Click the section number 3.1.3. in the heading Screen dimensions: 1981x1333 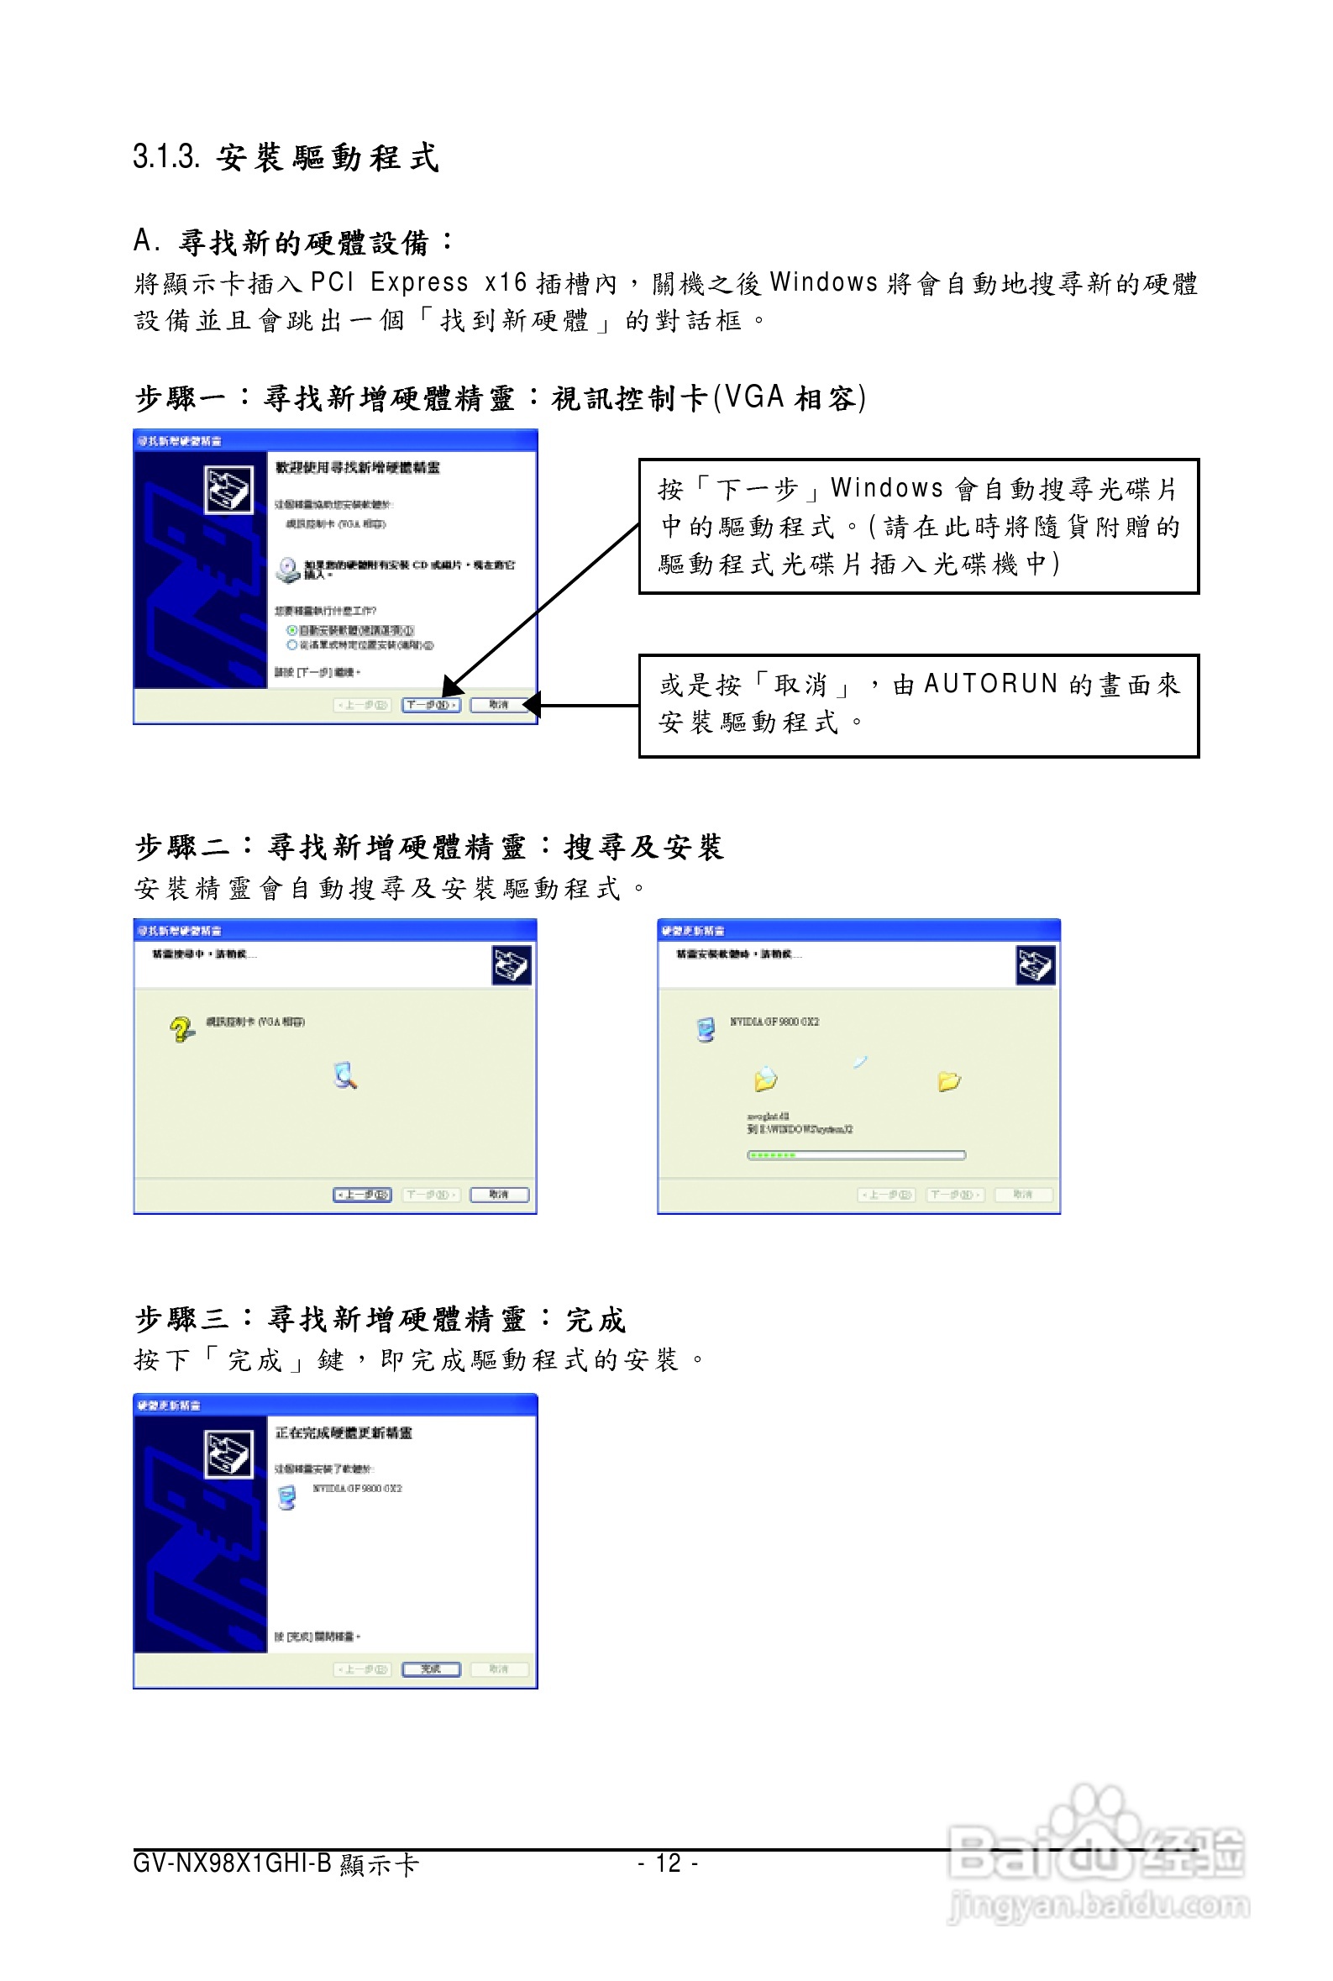pos(165,157)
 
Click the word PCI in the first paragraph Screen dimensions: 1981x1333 pos(332,282)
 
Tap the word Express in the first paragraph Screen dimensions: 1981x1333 pos(419,282)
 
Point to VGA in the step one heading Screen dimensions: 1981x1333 pos(753,397)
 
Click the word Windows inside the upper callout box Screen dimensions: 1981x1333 pos(887,488)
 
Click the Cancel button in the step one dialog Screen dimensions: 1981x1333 pos(499,705)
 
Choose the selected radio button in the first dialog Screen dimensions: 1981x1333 pos(291,630)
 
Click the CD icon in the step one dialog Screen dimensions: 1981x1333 pos(288,570)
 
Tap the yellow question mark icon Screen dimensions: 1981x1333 pos(181,1029)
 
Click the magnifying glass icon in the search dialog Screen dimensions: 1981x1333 pos(345,1075)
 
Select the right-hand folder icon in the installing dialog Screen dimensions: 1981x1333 pos(949,1080)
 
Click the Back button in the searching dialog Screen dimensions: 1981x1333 pos(362,1195)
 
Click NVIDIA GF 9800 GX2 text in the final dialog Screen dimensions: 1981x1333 pos(357,1489)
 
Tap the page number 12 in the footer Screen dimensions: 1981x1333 pos(669,1863)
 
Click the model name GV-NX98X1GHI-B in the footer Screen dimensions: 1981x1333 pos(232,1863)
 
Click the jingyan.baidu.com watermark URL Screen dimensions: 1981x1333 pos(1099,1905)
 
